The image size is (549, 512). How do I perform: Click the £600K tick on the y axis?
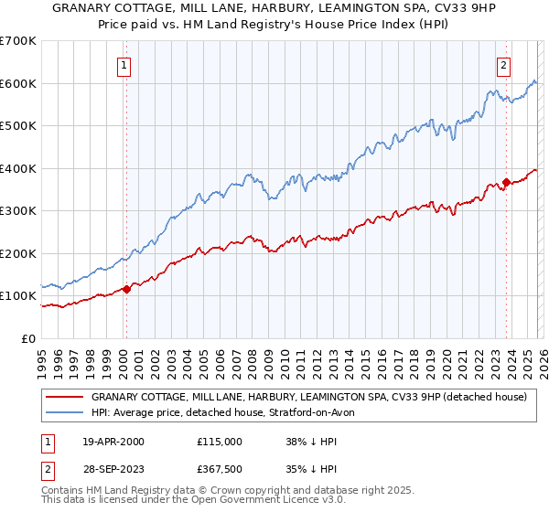tap(18, 83)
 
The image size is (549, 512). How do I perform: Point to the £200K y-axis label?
tap(18, 253)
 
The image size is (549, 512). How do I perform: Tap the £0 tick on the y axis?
tap(27, 338)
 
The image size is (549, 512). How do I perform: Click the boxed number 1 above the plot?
tap(123, 65)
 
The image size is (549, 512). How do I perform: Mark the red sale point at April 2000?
tap(127, 290)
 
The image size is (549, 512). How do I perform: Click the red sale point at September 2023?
tap(505, 183)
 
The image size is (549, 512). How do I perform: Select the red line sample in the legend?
tap(64, 398)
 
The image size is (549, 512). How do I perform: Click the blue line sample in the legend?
tap(64, 413)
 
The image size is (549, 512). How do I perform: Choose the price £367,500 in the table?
tap(219, 469)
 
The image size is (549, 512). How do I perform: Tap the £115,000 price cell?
tap(219, 441)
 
